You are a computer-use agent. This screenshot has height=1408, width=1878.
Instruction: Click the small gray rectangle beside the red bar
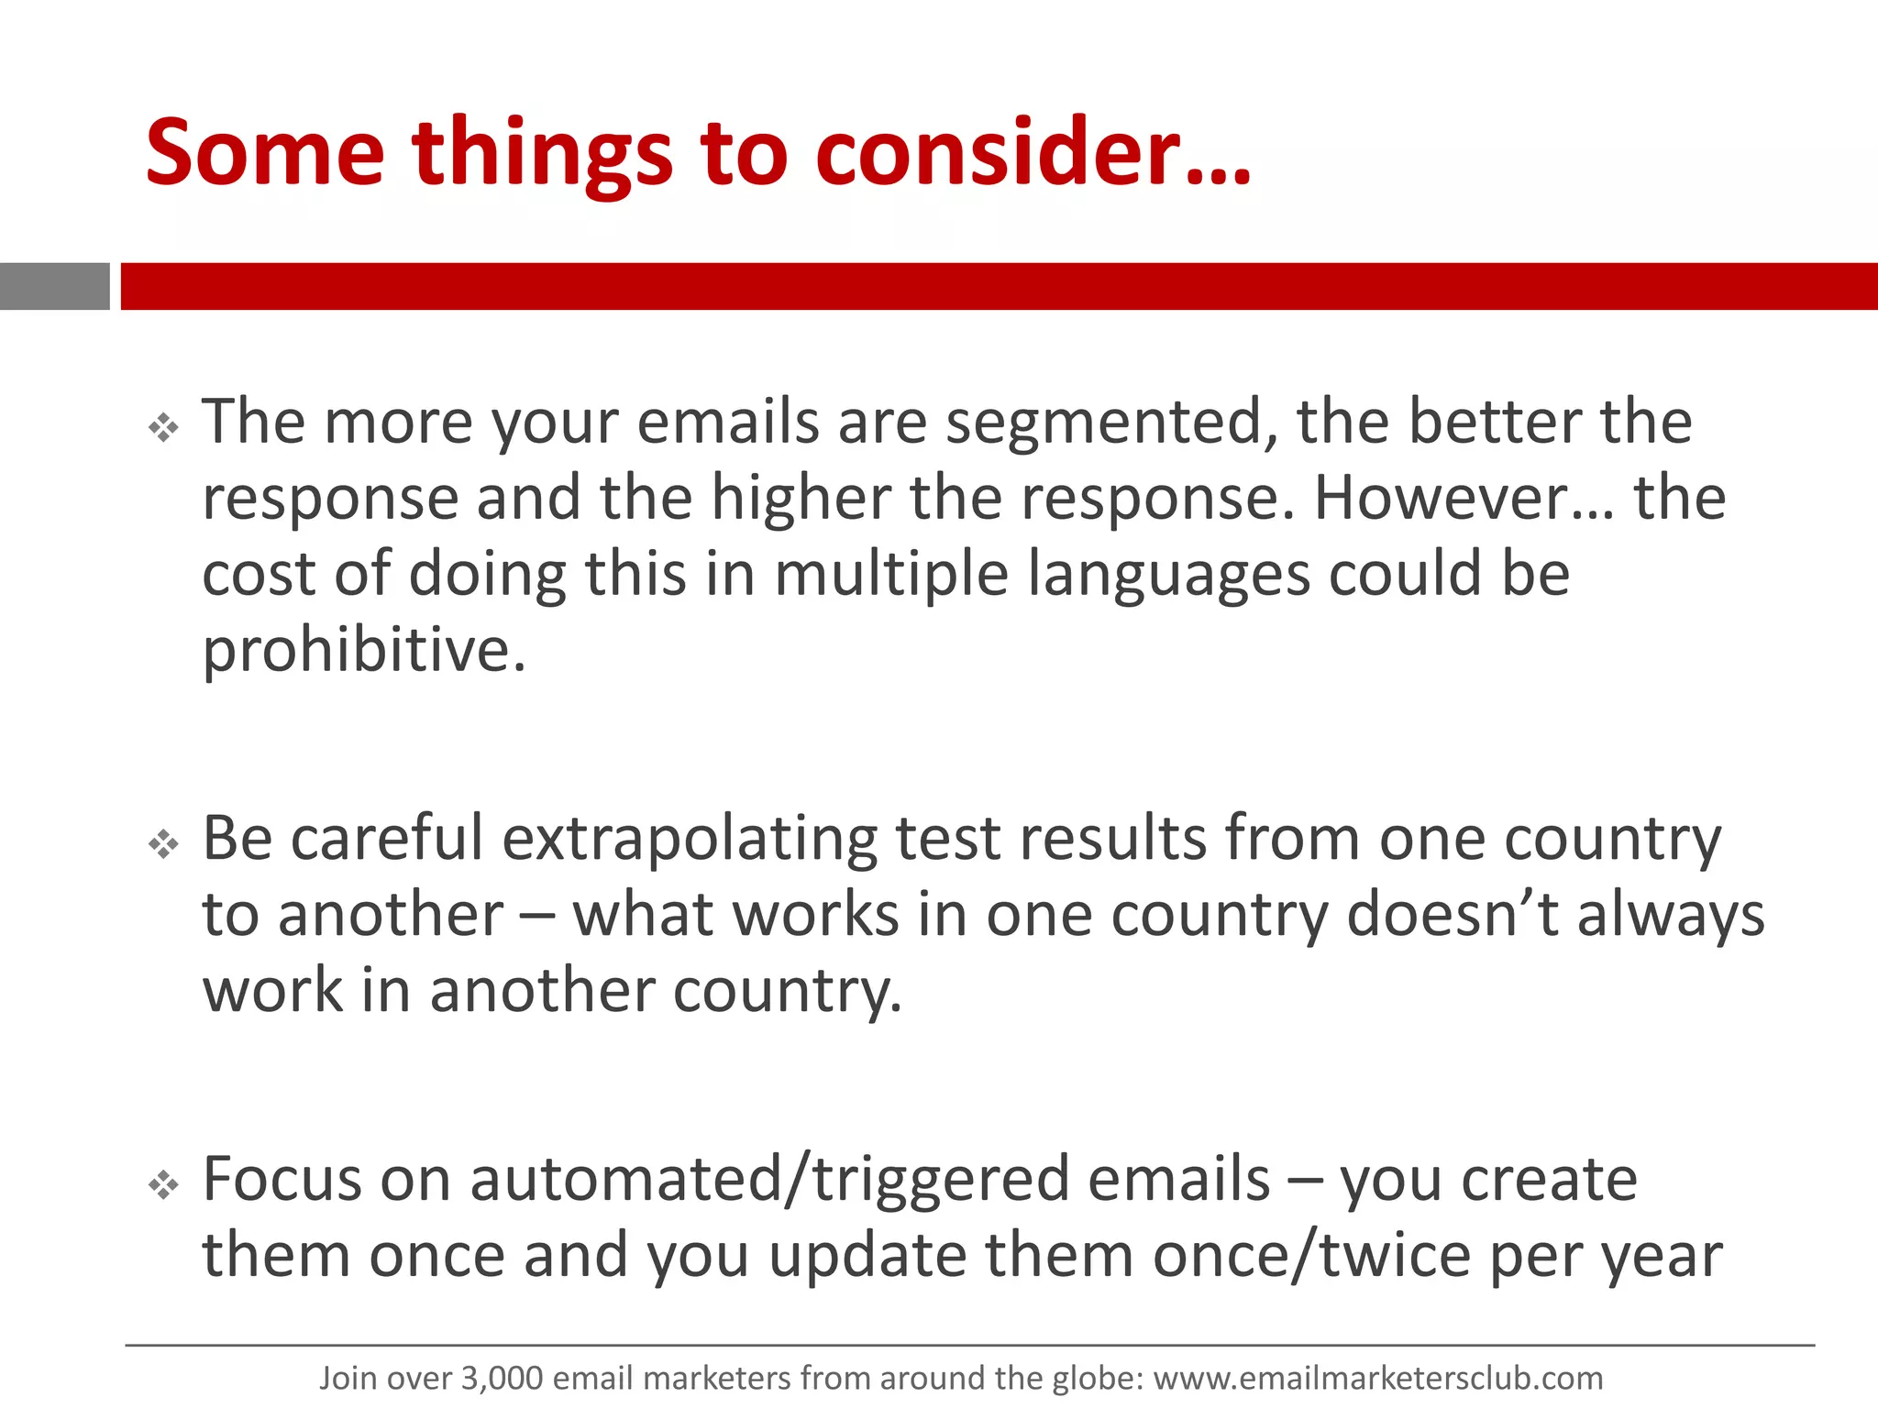[54, 286]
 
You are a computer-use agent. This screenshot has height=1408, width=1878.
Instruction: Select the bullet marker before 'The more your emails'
[164, 427]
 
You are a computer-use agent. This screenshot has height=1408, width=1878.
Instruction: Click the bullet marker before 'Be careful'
[164, 844]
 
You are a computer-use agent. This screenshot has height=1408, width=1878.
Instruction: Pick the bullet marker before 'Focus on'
[164, 1185]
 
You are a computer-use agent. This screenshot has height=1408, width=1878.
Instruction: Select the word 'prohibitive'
[364, 652]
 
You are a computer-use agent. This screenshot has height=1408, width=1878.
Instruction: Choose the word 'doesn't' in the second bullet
[1453, 917]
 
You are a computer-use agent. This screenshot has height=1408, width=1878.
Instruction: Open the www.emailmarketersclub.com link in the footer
[1377, 1379]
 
